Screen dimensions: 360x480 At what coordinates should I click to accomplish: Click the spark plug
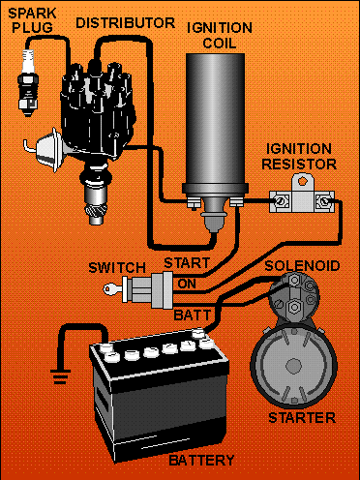tap(27, 83)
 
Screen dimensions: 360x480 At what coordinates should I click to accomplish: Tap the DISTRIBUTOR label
tap(125, 23)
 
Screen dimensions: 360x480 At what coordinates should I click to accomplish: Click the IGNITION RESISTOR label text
tap(299, 157)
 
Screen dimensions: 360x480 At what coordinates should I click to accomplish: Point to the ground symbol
tap(60, 376)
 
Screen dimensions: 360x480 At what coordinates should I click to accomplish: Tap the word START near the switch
tap(187, 263)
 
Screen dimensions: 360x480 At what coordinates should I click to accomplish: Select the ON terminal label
tap(187, 284)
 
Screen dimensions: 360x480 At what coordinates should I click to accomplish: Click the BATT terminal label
tap(193, 315)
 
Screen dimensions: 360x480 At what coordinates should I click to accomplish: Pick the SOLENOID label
tap(302, 266)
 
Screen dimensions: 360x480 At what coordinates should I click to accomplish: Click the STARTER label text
tap(302, 418)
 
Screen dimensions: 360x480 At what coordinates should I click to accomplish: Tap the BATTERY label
tap(201, 461)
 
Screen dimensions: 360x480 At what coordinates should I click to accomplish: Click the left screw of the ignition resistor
tap(280, 202)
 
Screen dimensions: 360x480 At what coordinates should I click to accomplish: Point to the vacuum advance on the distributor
tap(45, 151)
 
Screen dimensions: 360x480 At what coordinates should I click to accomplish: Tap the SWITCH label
tap(117, 268)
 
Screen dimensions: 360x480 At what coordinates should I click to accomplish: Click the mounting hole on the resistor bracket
tap(302, 181)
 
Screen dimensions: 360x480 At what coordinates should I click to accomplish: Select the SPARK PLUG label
tap(32, 20)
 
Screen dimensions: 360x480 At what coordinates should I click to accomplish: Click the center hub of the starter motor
tap(294, 366)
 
